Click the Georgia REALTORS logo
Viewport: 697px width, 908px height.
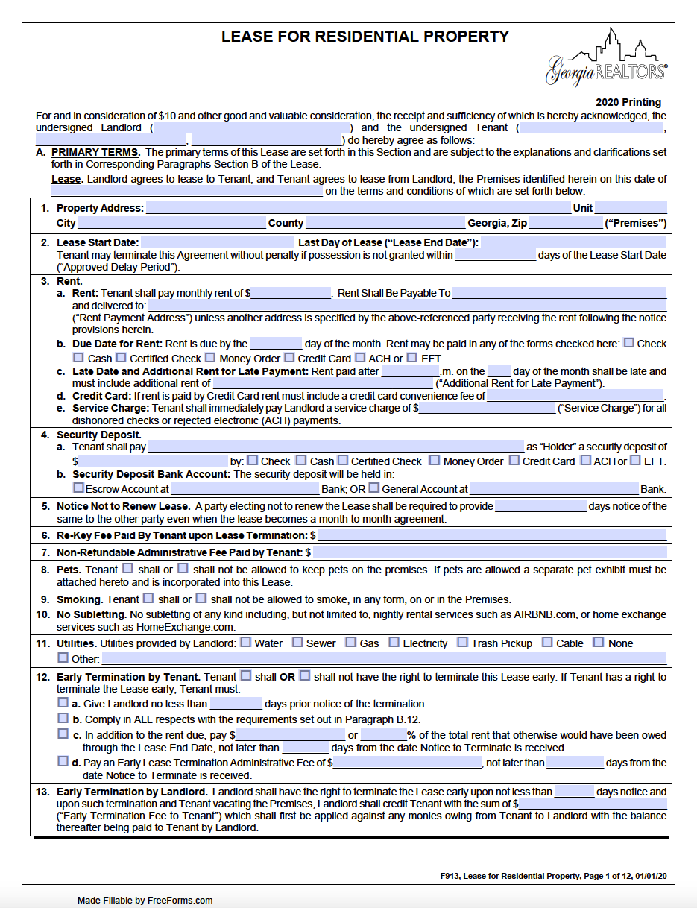[x=606, y=60]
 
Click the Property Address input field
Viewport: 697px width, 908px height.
[x=358, y=209]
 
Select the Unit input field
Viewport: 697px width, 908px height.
[x=630, y=209]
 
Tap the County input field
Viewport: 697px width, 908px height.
[x=385, y=223]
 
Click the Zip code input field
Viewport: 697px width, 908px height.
[x=565, y=223]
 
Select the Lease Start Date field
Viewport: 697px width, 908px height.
[x=217, y=242]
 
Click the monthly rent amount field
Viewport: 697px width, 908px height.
[x=291, y=293]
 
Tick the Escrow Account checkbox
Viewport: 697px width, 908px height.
[x=78, y=488]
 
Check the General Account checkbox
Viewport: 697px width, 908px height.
[x=374, y=488]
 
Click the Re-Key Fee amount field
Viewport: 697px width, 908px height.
[x=492, y=535]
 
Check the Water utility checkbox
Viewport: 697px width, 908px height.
[x=245, y=642]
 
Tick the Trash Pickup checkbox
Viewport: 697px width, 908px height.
[x=462, y=642]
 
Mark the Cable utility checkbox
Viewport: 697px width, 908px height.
[x=547, y=642]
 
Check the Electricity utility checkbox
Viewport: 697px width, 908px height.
[x=394, y=642]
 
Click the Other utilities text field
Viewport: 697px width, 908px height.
[x=384, y=658]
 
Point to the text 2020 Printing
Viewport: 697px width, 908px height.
[x=628, y=102]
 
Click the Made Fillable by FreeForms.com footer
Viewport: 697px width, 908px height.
[x=145, y=900]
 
